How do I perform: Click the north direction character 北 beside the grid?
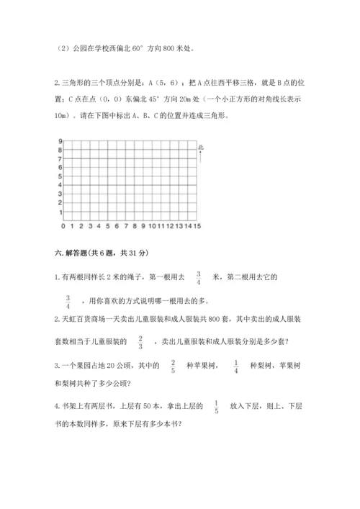pos(201,147)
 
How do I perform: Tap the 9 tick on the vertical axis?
pos(60,141)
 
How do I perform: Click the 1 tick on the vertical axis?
pos(60,212)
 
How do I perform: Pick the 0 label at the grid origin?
pos(63,228)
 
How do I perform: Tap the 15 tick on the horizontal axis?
pos(196,228)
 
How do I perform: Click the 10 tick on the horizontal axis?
pos(150,228)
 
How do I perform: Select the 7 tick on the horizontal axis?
pos(125,228)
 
